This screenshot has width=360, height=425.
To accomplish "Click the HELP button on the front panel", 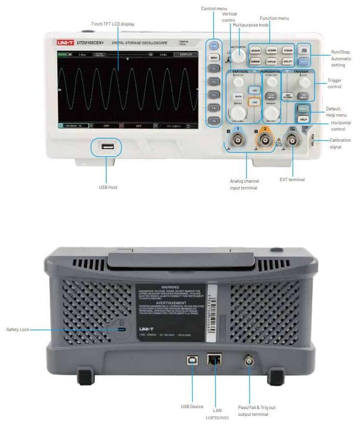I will (304, 120).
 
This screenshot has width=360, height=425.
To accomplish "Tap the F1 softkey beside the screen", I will (214, 69).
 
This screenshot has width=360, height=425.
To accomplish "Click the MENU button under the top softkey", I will (214, 57).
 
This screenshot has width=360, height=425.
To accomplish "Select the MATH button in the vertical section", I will (238, 96).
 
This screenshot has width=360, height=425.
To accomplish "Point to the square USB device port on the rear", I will (191, 360).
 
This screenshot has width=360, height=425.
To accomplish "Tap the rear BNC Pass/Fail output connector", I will (248, 361).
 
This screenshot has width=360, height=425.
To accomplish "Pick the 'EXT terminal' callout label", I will (292, 180).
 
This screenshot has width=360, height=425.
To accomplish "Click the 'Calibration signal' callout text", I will (342, 143).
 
